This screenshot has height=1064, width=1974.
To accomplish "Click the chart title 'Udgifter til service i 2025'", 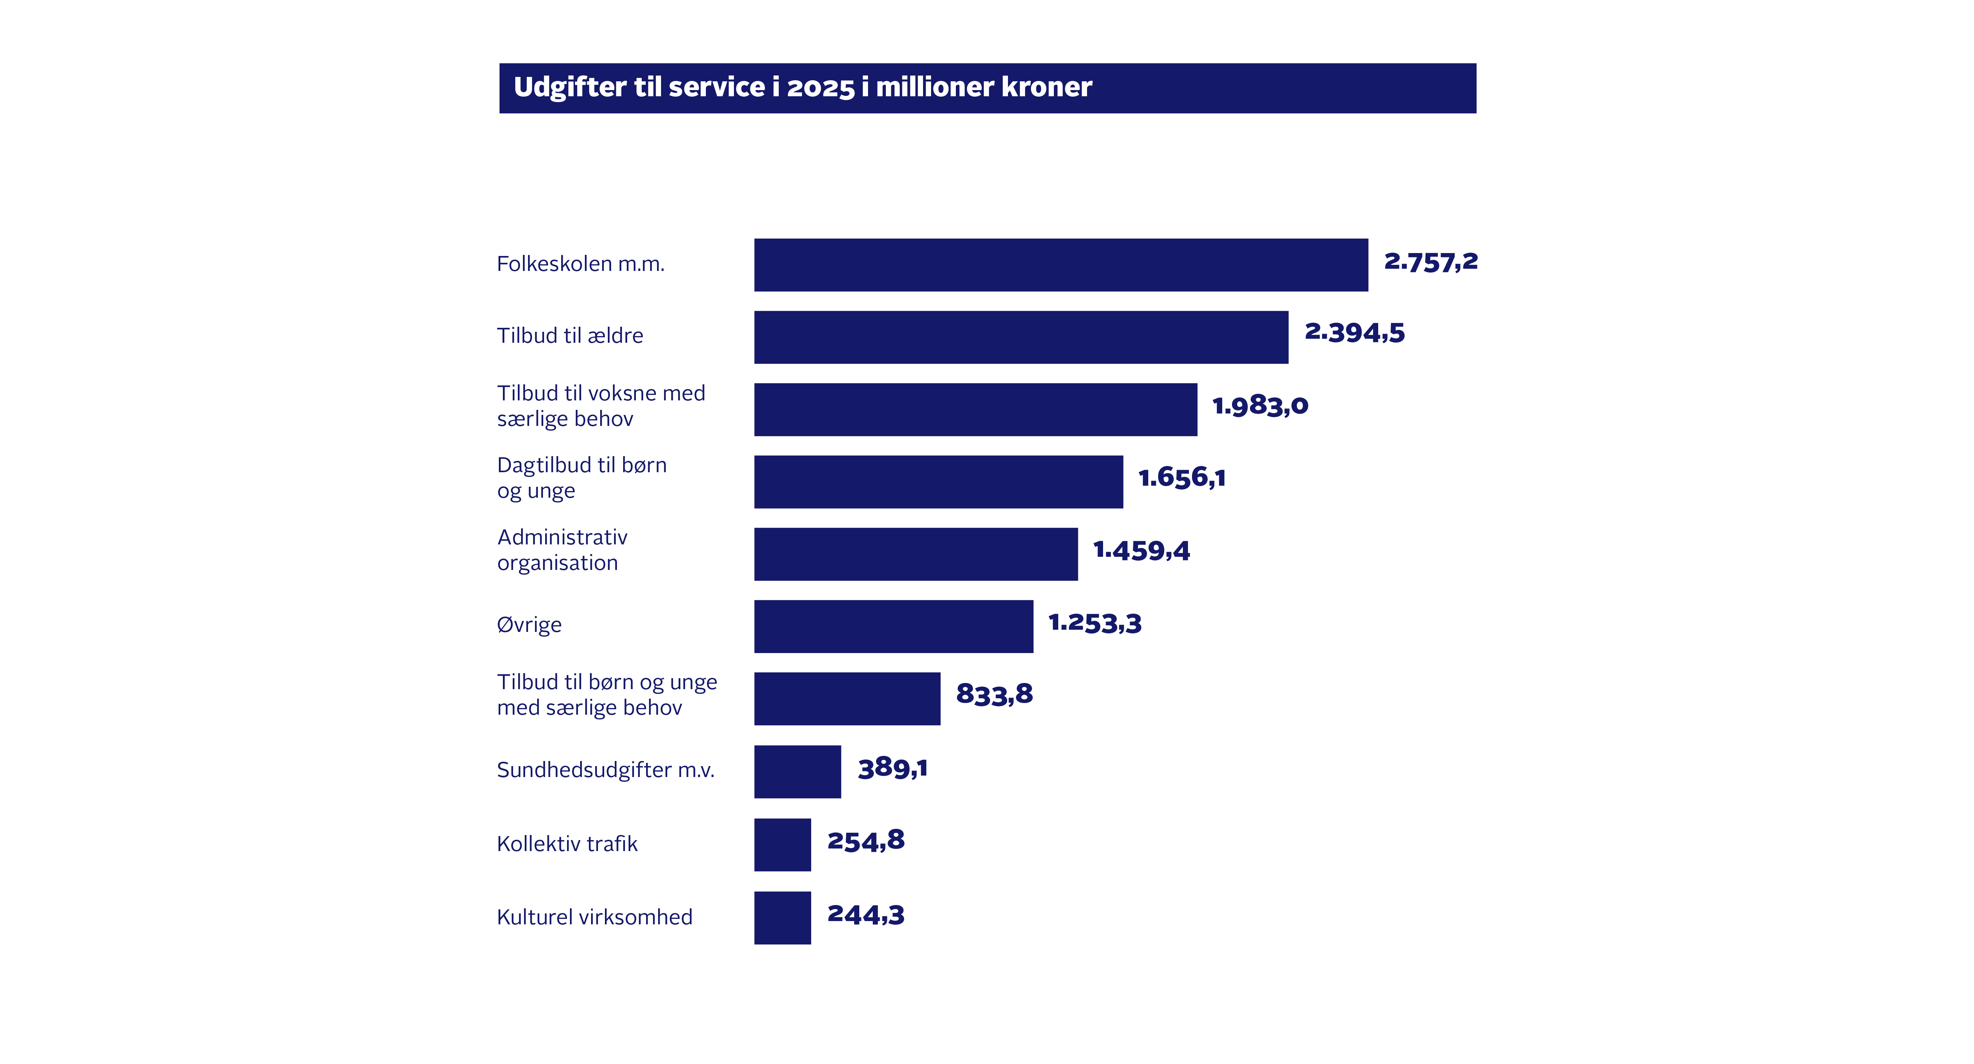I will [802, 88].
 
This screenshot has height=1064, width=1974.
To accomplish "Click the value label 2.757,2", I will [1430, 262].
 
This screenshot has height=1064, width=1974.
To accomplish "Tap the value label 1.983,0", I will [1260, 405].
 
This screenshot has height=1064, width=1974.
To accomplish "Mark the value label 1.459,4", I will [1141, 550].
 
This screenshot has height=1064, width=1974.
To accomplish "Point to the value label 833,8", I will [994, 695].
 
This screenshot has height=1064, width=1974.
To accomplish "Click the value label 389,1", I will [892, 768].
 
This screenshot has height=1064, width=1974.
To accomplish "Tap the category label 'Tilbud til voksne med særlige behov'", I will [601, 405].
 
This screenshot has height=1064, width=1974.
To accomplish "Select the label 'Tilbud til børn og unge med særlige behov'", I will [607, 695].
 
